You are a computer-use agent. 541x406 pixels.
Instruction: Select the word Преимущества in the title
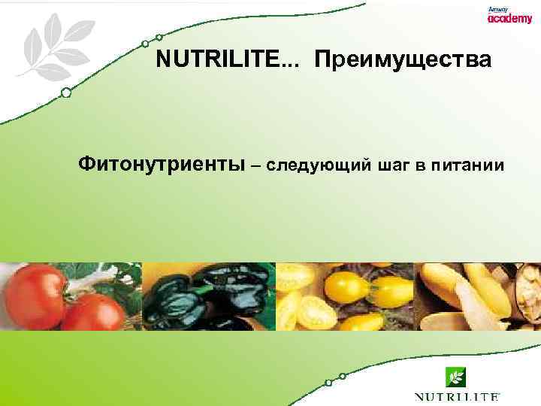(403, 60)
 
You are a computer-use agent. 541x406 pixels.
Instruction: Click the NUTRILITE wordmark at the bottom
(457, 396)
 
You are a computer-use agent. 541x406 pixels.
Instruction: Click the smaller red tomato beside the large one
(94, 311)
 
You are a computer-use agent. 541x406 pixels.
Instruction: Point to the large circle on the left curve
(66, 93)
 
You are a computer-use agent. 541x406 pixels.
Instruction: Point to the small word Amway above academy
(497, 8)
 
